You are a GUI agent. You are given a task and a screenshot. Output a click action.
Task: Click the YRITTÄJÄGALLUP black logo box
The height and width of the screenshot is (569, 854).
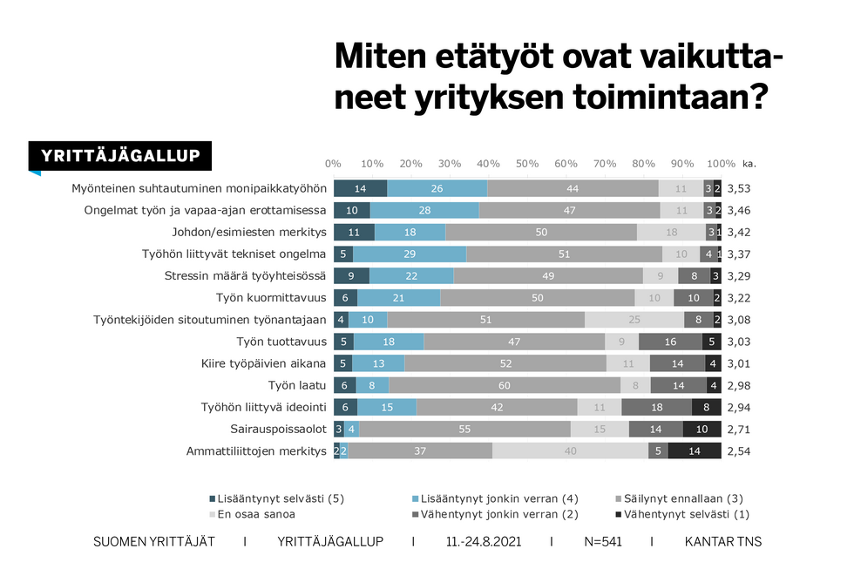coord(120,157)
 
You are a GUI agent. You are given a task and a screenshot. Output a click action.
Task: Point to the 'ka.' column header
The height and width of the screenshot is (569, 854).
coord(749,164)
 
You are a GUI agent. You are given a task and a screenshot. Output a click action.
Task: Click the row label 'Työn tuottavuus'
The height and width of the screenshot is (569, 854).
coord(281,342)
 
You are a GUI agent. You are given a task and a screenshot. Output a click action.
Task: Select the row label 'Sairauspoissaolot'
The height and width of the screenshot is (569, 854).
coord(278,429)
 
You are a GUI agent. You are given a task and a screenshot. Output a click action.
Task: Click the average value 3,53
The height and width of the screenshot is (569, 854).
coord(740,188)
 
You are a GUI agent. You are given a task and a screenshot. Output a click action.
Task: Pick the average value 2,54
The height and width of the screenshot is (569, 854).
coord(740,451)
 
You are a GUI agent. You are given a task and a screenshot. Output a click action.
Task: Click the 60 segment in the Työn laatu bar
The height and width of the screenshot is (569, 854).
coord(505,385)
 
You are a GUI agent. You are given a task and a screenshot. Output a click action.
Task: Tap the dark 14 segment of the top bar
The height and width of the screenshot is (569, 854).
coord(360,188)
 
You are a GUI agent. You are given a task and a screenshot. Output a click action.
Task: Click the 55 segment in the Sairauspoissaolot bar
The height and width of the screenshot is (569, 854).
coord(464,429)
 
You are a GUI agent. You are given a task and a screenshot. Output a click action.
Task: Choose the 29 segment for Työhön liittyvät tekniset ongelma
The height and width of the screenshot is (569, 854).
coord(410,254)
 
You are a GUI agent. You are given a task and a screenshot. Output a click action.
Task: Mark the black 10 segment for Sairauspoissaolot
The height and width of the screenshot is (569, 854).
coord(701,429)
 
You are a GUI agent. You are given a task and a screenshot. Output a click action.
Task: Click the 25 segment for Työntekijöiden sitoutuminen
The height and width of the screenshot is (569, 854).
coord(634,320)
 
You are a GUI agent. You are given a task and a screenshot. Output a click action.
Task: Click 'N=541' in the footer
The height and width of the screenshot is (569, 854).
coord(602,542)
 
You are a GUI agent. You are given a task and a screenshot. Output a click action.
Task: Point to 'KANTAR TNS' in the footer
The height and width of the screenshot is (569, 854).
coord(723,542)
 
